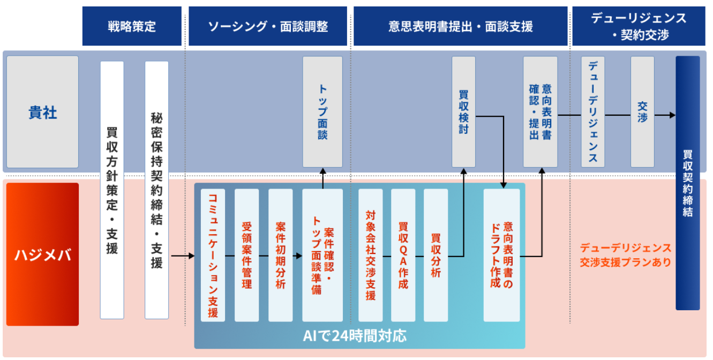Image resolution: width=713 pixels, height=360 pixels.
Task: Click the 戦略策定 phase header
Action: click(132, 26)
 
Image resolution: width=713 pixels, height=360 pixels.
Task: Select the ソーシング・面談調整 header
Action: click(267, 26)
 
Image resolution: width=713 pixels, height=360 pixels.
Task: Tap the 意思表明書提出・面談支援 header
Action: click(460, 26)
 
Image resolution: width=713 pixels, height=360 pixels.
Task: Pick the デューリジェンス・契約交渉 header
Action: click(639, 26)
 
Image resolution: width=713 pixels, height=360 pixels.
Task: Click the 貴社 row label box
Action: click(42, 112)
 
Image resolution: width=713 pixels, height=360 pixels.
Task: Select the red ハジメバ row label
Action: click(42, 254)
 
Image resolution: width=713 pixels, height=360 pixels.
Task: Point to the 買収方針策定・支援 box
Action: click(112, 190)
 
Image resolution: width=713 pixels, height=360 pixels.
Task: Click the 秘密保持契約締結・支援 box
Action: click(156, 190)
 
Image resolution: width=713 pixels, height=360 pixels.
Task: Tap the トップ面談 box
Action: click(322, 112)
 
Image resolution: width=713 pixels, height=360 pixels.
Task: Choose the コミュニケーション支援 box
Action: click(213, 255)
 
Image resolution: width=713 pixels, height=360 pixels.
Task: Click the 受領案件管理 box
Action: click(246, 255)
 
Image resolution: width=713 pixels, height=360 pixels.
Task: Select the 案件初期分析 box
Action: click(280, 255)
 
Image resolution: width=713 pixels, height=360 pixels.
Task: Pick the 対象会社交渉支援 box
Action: click(370, 255)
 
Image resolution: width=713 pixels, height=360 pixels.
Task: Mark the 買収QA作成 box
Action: click(403, 255)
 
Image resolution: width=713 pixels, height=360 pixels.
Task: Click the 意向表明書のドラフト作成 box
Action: click(501, 255)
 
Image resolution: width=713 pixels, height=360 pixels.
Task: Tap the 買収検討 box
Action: click(463, 112)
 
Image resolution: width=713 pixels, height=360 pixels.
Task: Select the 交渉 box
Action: click(642, 112)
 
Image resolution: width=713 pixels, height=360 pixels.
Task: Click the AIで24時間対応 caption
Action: click(354, 336)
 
